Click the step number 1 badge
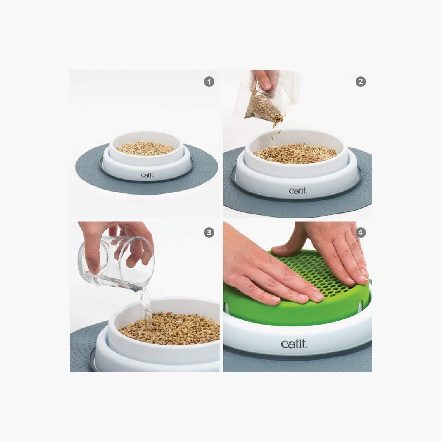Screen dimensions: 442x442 (x=209, y=82)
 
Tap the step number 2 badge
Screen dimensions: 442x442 (x=361, y=82)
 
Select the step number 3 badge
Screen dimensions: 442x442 (x=209, y=233)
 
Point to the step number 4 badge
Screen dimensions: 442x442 (x=361, y=233)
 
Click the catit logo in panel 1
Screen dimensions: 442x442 (x=147, y=175)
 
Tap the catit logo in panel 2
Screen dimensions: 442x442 (x=298, y=190)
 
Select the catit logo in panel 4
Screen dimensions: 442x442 (x=294, y=344)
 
